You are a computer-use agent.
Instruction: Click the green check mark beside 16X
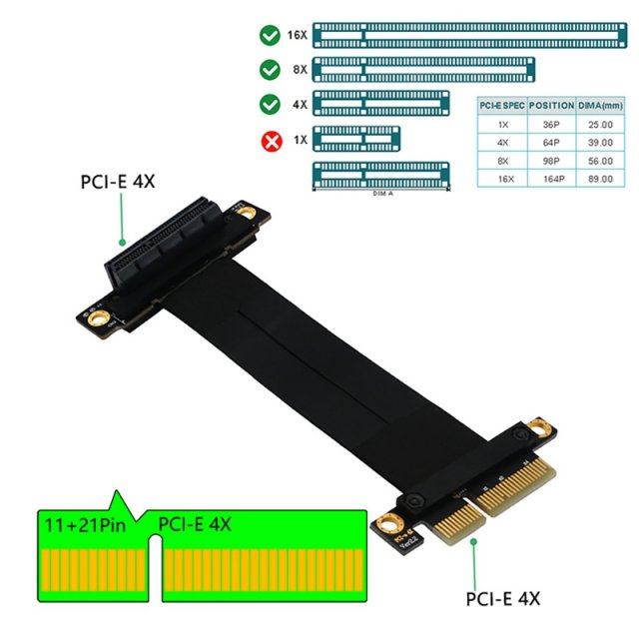click(270, 37)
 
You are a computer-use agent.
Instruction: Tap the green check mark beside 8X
click(270, 70)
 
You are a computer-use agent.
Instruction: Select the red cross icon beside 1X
click(270, 140)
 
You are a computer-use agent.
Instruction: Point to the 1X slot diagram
click(356, 139)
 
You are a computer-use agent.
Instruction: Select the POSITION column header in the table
click(551, 105)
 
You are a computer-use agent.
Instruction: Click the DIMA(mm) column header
click(600, 105)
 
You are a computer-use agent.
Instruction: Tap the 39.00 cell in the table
click(600, 143)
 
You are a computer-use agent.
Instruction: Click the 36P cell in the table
click(551, 124)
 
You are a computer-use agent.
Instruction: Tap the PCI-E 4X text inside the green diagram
click(196, 522)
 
